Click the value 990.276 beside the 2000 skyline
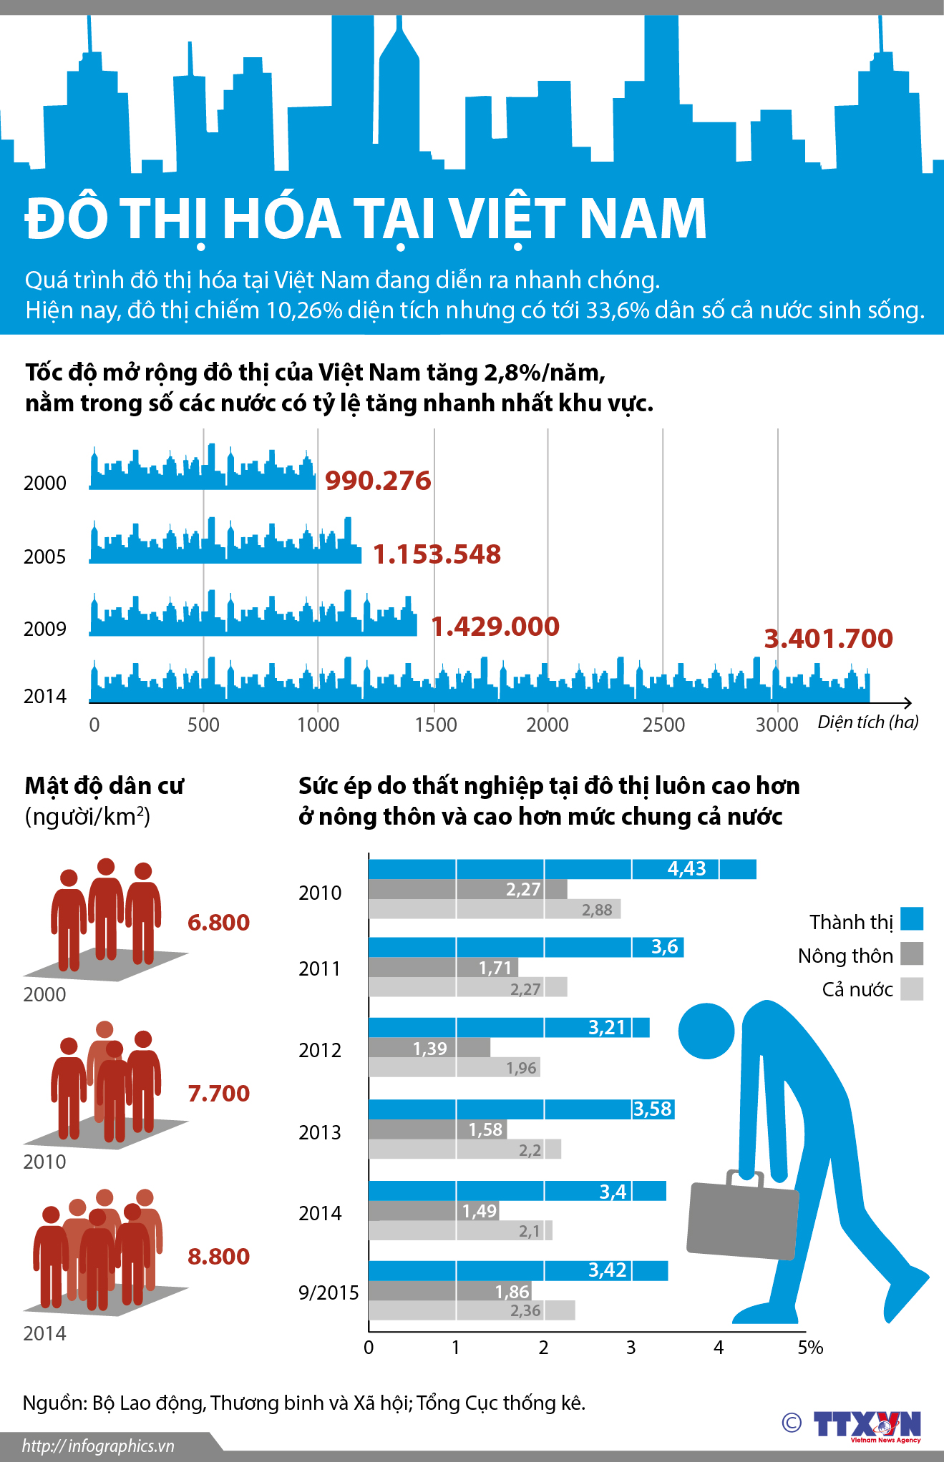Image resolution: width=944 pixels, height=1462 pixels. pyautogui.click(x=378, y=481)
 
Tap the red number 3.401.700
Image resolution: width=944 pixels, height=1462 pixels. pyautogui.click(x=828, y=638)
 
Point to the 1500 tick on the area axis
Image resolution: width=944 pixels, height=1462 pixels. pyautogui.click(x=435, y=725)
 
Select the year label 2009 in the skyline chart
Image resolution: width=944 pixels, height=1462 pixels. pyautogui.click(x=44, y=629)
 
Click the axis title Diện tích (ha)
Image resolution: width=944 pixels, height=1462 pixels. pyautogui.click(x=867, y=722)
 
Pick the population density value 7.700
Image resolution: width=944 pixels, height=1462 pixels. pyautogui.click(x=218, y=1093)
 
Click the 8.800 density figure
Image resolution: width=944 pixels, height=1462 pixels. pyautogui.click(x=218, y=1256)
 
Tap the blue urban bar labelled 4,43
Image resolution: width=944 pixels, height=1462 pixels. pyautogui.click(x=562, y=869)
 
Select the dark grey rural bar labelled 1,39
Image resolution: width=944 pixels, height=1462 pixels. pyautogui.click(x=429, y=1048)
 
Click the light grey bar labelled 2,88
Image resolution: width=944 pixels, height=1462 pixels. pyautogui.click(x=494, y=910)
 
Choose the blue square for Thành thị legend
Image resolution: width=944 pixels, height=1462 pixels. pyautogui.click(x=912, y=919)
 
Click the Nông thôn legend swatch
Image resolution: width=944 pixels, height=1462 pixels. pyautogui.click(x=912, y=953)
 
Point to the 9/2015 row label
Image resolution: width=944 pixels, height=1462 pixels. pyautogui.click(x=329, y=1292)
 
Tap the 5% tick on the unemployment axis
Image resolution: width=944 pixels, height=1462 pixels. pyautogui.click(x=810, y=1348)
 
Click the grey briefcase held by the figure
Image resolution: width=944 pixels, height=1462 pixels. pyautogui.click(x=742, y=1220)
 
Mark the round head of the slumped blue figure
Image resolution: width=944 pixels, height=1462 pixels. pyautogui.click(x=706, y=1031)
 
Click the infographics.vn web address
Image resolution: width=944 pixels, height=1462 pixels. pyautogui.click(x=98, y=1446)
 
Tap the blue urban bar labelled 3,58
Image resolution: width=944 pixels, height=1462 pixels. pyautogui.click(x=521, y=1109)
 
